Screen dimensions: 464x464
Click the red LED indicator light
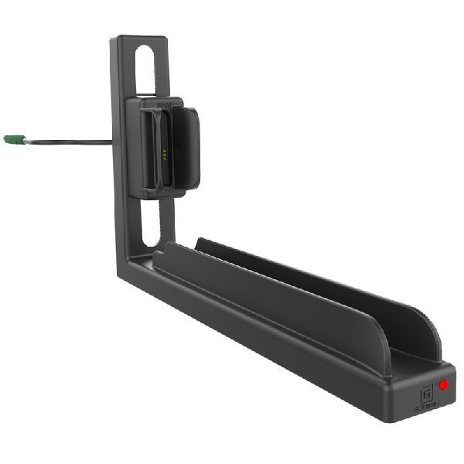click(444, 384)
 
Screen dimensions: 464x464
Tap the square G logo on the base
click(425, 392)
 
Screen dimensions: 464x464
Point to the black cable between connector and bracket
click(70, 142)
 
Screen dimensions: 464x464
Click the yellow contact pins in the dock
click(164, 152)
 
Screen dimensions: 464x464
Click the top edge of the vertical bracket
click(139, 38)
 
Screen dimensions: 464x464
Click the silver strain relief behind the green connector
click(28, 140)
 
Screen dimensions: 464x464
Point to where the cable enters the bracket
click(111, 142)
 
